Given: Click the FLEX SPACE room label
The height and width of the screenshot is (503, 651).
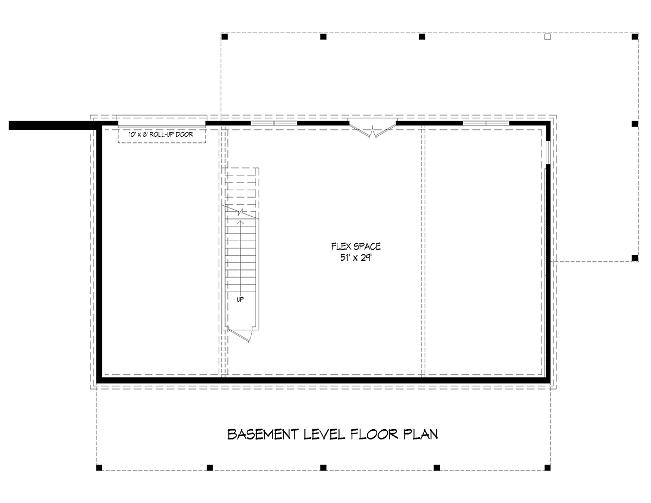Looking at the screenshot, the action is point(356,247).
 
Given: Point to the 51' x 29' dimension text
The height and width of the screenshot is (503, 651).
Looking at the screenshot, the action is point(356,257).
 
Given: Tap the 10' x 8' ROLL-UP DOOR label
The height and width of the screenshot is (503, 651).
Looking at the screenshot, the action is point(161,134).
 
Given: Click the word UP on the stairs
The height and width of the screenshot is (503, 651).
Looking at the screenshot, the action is point(240,299).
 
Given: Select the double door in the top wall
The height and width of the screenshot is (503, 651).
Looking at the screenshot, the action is point(372,128).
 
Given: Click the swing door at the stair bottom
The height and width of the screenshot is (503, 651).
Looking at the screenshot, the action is point(240,335).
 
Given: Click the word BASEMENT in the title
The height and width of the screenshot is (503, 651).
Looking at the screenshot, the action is point(263,435).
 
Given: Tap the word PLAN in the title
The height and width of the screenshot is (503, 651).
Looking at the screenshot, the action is point(420,435).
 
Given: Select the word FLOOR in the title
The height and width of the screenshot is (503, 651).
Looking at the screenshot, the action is point(374,435).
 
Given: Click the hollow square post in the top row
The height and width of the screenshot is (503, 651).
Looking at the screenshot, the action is point(547,36).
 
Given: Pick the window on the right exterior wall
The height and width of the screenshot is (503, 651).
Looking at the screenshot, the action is point(548,153).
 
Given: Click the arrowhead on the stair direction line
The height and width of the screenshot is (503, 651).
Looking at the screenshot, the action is point(240,222).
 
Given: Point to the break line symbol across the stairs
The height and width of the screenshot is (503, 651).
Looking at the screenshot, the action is point(240,212).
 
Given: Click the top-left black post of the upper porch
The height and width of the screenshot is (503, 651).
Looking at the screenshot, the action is point(225,36).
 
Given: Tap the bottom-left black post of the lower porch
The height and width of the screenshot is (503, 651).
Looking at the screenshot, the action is point(99,468).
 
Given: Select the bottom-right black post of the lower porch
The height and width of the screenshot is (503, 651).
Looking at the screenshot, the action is point(547,468).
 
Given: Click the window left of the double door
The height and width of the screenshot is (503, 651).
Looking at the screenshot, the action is point(274,123).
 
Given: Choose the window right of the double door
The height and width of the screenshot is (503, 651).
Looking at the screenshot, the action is point(486,123).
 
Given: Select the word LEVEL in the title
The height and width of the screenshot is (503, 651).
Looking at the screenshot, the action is point(324,435).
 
